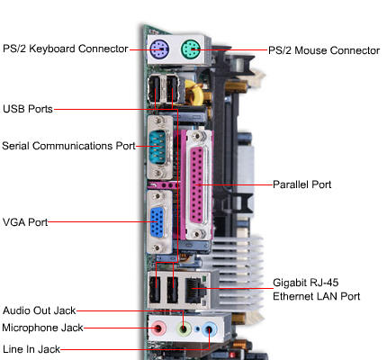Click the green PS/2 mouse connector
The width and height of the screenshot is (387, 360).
[191, 49]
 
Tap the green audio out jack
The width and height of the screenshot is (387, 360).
[184, 329]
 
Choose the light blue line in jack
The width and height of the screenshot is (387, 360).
[211, 329]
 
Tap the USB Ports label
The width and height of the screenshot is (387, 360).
[27, 109]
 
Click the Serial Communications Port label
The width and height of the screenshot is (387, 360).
[68, 145]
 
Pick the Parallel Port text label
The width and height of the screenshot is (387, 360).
[302, 184]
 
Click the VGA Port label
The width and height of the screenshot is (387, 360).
[24, 220]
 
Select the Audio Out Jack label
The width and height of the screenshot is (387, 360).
[38, 310]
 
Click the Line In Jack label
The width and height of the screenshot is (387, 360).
[31, 347]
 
